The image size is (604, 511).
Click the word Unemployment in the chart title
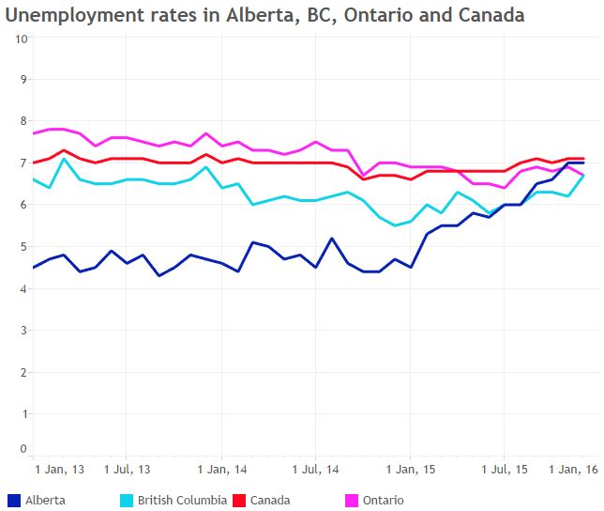[70, 15]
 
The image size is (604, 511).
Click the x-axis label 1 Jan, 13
[60, 468]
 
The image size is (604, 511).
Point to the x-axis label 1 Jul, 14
[315, 468]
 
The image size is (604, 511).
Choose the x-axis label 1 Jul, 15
[505, 468]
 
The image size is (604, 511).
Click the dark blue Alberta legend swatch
[13, 500]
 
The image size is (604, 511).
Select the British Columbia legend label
[182, 500]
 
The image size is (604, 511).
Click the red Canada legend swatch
[238, 500]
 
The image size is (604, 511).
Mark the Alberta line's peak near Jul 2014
[332, 238]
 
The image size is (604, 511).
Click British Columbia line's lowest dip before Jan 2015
[396, 225]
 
